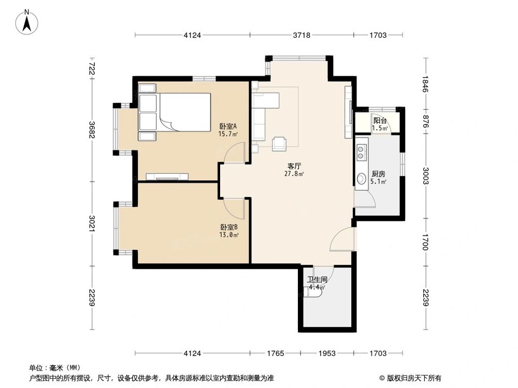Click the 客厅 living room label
click(295, 167)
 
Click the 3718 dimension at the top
click(301, 35)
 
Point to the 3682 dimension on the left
click(92, 129)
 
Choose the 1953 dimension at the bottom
click(326, 353)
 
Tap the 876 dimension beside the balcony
click(426, 121)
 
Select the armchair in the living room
click(280, 143)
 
